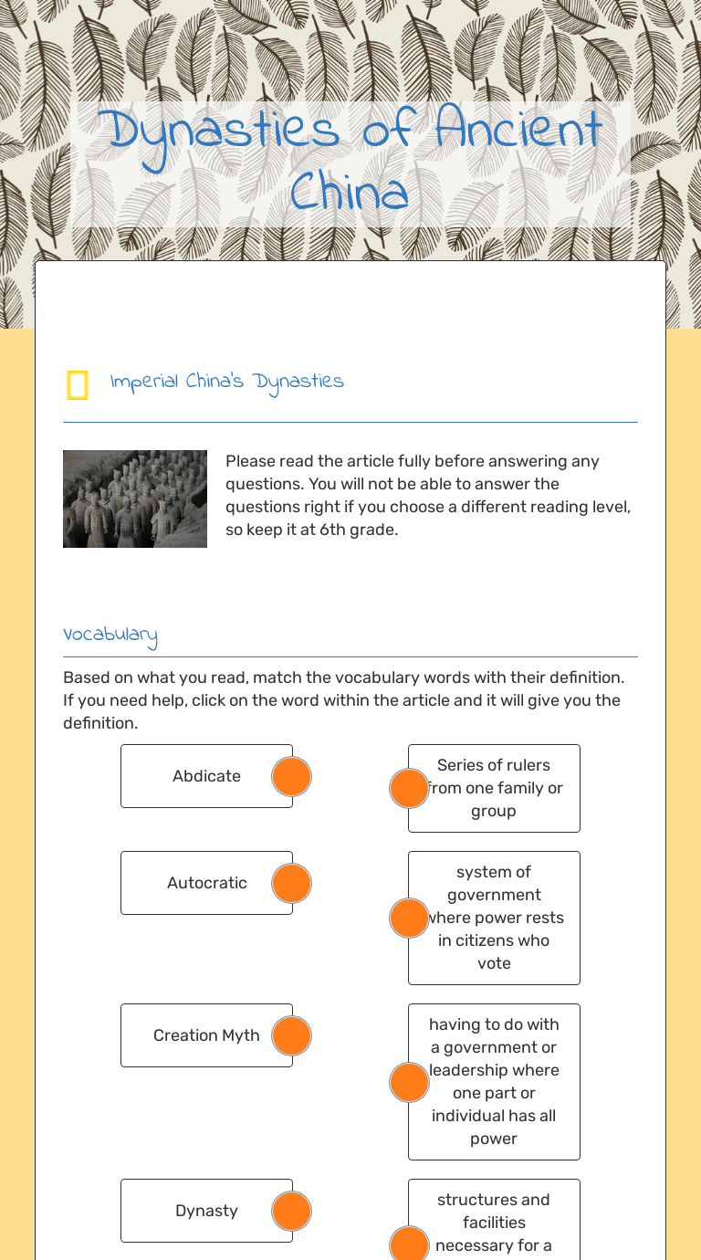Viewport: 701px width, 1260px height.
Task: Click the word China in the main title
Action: [x=350, y=194]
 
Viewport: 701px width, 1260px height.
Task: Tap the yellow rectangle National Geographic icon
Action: [x=78, y=385]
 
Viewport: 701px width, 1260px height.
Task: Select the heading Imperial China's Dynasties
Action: [x=226, y=382]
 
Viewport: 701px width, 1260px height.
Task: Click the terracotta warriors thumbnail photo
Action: [x=135, y=499]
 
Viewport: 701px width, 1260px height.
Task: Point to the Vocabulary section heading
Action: [x=110, y=635]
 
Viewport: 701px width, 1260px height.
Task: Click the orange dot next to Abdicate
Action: [x=292, y=776]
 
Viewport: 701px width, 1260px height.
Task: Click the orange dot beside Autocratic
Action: [x=292, y=883]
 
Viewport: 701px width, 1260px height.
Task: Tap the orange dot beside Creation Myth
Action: [x=292, y=1035]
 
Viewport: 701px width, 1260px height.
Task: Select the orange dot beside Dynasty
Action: [x=292, y=1211]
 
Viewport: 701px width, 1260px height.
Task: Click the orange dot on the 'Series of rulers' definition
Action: [x=409, y=788]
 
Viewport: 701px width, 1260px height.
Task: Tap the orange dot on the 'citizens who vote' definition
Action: [x=409, y=918]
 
